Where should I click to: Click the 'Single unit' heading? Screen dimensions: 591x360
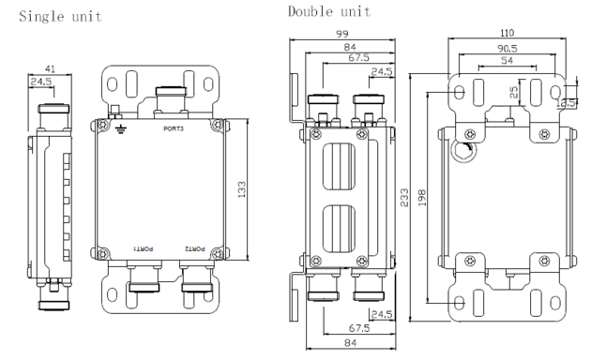pos(60,17)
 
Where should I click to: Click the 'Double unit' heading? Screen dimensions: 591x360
pos(329,11)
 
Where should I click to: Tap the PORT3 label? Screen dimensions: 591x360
pos(174,128)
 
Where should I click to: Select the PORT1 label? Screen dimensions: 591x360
pos(144,249)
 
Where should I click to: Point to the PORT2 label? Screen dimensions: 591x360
pos(195,249)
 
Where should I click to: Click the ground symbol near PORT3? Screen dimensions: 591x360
pos(121,130)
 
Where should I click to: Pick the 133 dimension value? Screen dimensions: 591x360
pos(242,189)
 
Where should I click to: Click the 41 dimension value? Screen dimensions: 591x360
pos(50,69)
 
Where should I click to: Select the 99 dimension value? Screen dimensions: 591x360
pos(342,34)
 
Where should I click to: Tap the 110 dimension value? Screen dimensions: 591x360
pos(507,33)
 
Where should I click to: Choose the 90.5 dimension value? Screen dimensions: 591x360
pos(508,49)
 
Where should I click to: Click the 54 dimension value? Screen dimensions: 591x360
pos(507,60)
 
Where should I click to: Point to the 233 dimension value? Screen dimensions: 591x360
pos(404,197)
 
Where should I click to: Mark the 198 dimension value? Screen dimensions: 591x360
pos(422,197)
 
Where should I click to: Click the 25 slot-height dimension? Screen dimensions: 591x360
pos(514,92)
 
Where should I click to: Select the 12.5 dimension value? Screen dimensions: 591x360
pos(566,103)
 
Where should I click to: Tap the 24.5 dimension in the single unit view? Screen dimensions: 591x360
pos(41,82)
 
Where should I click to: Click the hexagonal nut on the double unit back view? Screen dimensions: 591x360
pos(462,150)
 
